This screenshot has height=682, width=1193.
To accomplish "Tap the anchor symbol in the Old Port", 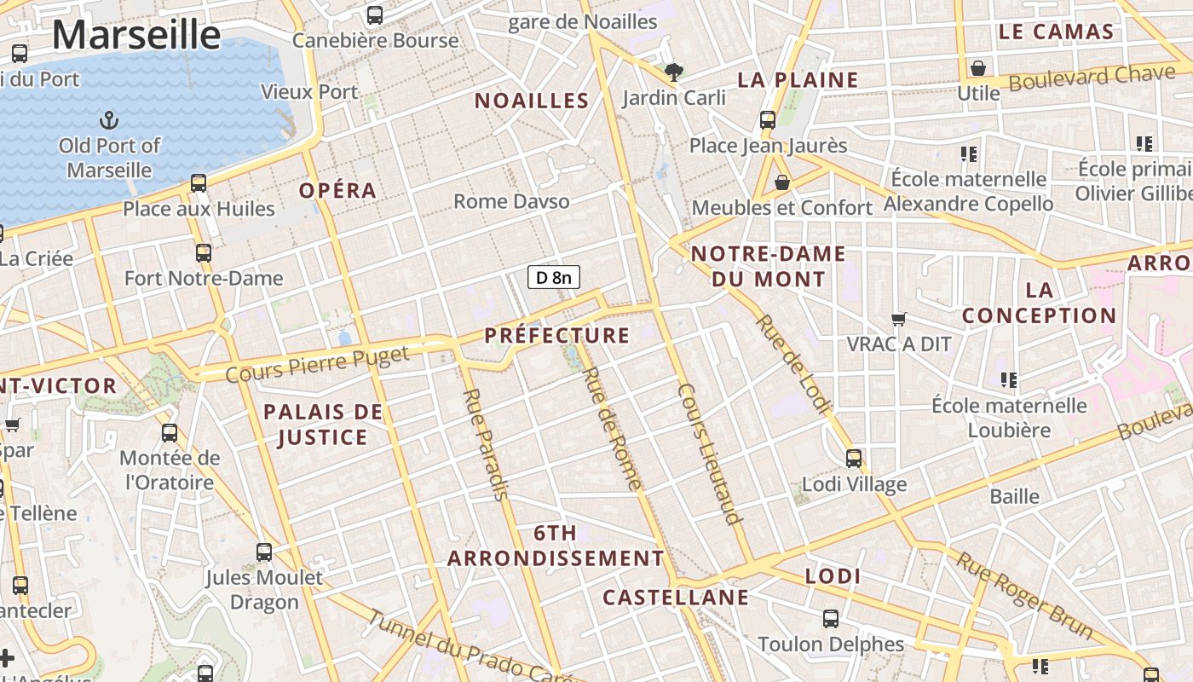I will [x=109, y=119].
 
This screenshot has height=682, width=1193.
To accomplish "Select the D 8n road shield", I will [x=554, y=277].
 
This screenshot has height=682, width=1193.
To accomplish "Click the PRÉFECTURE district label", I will [x=557, y=335].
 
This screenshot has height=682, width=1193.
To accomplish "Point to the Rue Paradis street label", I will [x=487, y=444].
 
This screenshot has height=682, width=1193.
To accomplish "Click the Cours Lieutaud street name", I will [x=710, y=453].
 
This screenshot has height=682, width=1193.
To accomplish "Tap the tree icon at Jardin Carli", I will [x=674, y=72].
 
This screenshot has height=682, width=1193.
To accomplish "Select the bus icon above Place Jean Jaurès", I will [x=768, y=120].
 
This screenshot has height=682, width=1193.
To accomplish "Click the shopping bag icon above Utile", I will [x=978, y=68].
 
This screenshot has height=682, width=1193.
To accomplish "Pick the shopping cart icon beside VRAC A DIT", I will [x=898, y=320].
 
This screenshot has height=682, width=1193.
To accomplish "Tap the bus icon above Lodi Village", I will [x=854, y=459].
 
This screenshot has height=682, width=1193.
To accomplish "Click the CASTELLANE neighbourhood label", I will [x=676, y=597].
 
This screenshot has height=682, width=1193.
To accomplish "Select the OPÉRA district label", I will [x=337, y=190].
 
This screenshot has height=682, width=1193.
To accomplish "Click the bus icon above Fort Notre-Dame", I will [x=203, y=253].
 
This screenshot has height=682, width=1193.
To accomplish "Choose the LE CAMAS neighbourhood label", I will [x=1056, y=32].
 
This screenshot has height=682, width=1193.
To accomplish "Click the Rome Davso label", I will [x=511, y=201].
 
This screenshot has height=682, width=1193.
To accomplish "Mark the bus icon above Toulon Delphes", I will [x=831, y=619].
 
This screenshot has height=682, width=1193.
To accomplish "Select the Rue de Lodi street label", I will [x=792, y=364].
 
